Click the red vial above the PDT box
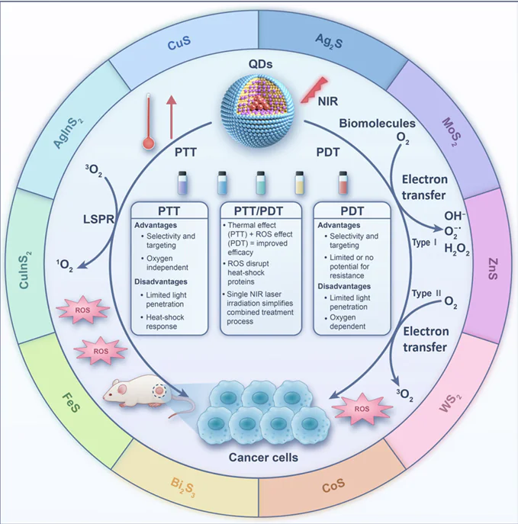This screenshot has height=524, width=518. [x=342, y=184]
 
